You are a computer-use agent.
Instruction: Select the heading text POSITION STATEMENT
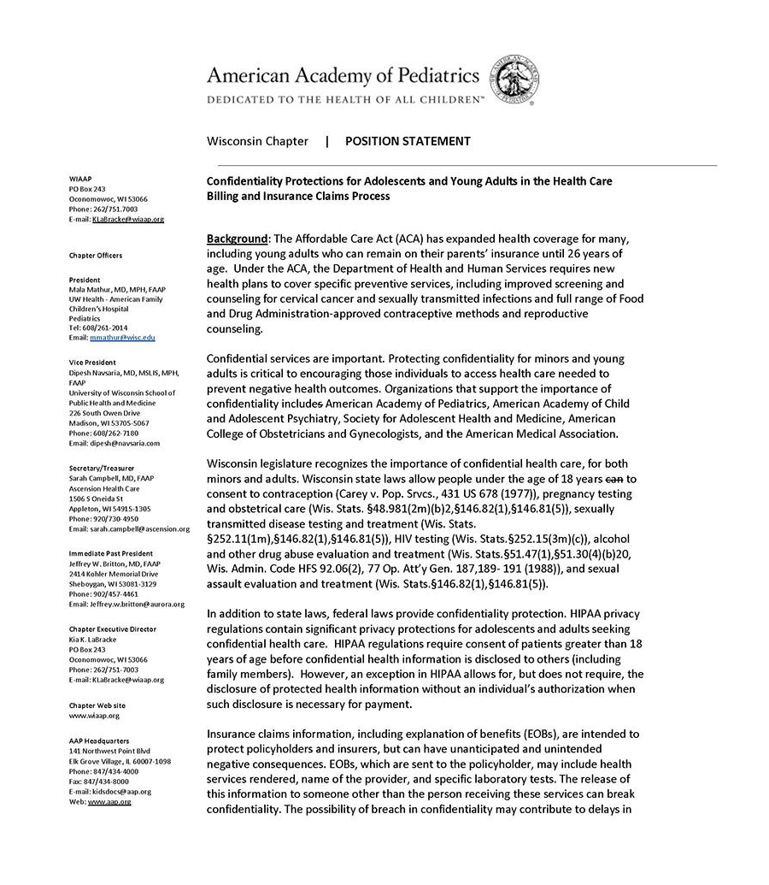408,141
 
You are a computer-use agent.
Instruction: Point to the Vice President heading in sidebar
92,363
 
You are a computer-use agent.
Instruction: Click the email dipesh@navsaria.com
114,443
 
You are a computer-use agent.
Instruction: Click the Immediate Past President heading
111,553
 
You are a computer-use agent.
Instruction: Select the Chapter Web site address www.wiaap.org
94,715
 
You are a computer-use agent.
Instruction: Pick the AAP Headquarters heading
99,740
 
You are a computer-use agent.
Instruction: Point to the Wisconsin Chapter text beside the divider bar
259,141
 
